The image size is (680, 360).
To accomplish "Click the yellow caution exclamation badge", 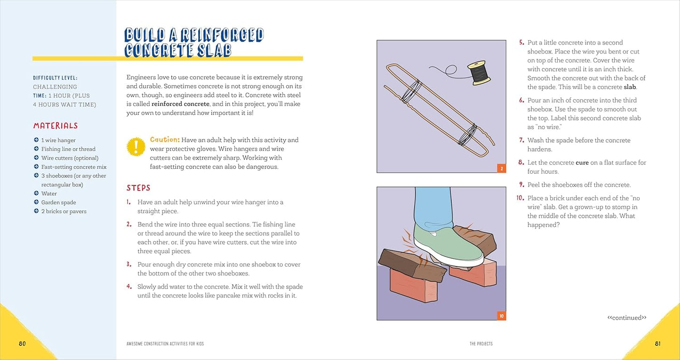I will click(x=136, y=147).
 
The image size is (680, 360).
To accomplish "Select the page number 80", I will click(x=22, y=344).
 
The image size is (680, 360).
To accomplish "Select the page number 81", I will click(x=657, y=344).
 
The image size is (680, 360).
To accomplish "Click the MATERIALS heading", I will click(x=56, y=126).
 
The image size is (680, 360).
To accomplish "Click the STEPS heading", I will click(x=138, y=188).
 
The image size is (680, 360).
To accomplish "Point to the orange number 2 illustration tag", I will click(x=502, y=168).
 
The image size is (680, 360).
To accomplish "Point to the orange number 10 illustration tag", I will click(x=502, y=316).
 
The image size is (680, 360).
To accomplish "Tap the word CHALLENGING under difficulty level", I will click(x=55, y=87).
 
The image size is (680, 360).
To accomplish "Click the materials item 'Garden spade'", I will click(x=58, y=202).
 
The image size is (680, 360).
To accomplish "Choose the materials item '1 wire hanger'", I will click(x=58, y=140).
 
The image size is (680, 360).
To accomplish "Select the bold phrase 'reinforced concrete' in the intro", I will click(x=180, y=104).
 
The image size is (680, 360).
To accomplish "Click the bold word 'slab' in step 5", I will click(x=630, y=87).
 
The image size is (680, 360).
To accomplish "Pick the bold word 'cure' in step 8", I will click(x=582, y=163).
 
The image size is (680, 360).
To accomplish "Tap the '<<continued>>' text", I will click(x=627, y=318).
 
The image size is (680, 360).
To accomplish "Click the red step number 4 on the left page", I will click(x=129, y=286).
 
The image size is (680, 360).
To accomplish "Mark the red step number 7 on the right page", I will click(x=521, y=140).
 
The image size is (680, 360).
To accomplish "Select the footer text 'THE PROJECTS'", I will click(x=481, y=344).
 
